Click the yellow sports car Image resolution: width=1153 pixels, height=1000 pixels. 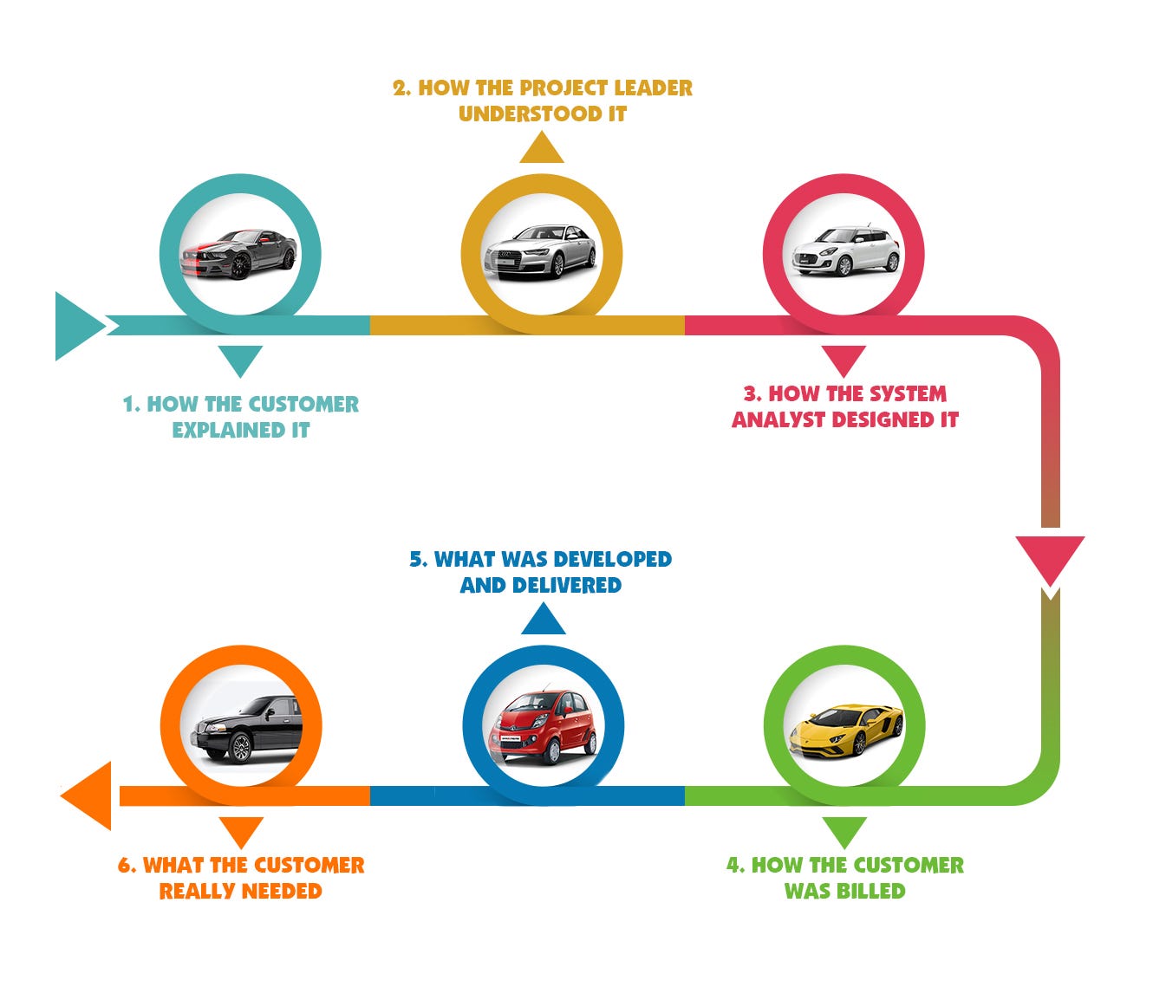click(845, 730)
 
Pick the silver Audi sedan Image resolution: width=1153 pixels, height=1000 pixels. click(540, 251)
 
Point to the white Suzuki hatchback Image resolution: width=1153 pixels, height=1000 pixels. click(845, 250)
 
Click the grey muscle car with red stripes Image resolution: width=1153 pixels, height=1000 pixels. click(239, 253)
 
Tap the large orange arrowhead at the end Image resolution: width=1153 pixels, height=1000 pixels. click(86, 795)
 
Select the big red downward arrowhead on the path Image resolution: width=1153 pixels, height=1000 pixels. click(1050, 561)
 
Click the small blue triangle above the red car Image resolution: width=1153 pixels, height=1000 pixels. click(544, 619)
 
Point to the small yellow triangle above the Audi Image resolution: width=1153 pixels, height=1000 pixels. click(542, 147)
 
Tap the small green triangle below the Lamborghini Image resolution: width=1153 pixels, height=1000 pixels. click(844, 832)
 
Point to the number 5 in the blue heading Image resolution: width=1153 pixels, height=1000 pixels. click(416, 559)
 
